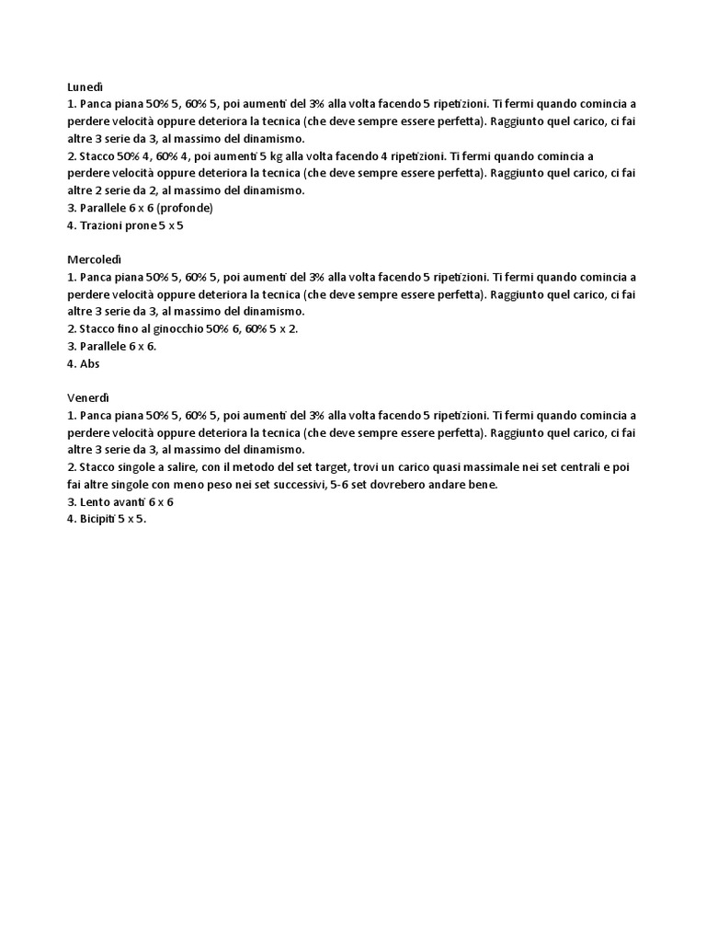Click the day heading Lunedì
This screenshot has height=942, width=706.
tap(85, 86)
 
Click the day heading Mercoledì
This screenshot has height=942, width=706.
tap(95, 259)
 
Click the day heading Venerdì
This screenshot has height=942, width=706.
tap(88, 397)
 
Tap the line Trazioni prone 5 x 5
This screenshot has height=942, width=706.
tap(126, 225)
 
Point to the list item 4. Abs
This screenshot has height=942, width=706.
tap(84, 363)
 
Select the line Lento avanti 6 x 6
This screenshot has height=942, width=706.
tap(120, 502)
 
